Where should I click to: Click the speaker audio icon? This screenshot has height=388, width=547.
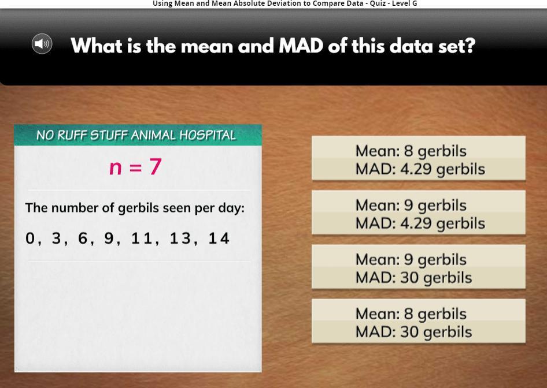coord(42,44)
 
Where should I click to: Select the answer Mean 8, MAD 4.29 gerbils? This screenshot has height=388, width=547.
coord(418,158)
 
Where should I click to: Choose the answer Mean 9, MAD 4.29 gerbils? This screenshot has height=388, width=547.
coord(418,212)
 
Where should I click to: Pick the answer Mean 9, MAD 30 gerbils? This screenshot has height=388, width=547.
coord(418,267)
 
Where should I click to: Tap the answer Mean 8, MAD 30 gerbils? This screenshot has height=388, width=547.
coord(418,321)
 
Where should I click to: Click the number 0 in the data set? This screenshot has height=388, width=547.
coord(30,238)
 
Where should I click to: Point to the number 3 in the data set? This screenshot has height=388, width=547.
coord(56,238)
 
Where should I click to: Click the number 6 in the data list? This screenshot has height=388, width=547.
coord(82,238)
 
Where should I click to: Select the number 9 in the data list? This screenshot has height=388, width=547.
coord(109,238)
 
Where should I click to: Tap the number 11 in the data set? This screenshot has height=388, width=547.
coord(142,238)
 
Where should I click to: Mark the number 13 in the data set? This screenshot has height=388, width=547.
coord(180,238)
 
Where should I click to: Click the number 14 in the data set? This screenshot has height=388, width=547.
coord(219,238)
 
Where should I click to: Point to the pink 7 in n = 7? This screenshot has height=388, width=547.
coord(156,166)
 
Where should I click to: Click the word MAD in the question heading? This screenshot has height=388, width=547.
coord(301,46)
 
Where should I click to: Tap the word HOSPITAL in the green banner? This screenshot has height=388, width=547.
coord(208,135)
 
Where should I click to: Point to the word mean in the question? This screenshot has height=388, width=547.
coord(207,46)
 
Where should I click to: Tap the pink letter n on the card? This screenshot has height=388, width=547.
coord(116,168)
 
